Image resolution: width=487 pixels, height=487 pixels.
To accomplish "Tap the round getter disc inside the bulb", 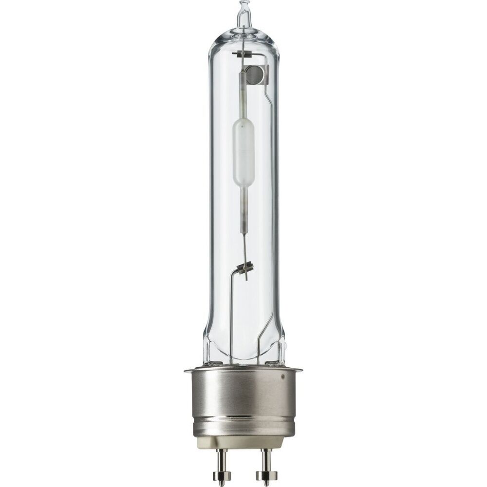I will (x=254, y=74).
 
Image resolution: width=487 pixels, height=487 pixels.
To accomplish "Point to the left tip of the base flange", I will (x=186, y=371).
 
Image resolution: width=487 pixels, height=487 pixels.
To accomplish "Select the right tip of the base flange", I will (x=300, y=371).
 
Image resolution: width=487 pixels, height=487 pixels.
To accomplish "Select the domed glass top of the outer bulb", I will (x=243, y=37).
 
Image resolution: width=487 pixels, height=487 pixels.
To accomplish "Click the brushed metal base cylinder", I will (x=243, y=394).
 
